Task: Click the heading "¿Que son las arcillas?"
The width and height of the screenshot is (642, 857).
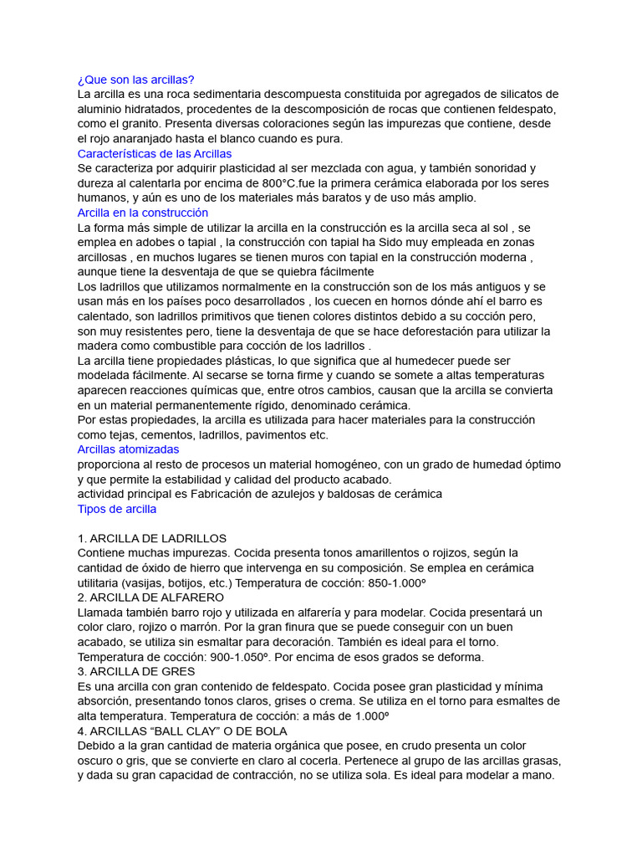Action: coord(135,80)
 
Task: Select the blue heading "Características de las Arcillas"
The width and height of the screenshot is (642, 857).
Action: coord(155,154)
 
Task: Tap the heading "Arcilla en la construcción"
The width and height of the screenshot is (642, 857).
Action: coord(143,213)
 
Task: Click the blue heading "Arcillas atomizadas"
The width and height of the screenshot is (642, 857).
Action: coord(128,449)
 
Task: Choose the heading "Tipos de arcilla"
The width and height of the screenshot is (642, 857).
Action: coord(116,509)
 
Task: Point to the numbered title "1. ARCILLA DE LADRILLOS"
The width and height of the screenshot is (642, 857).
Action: coord(151,538)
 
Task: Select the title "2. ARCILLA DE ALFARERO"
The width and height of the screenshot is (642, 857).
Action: coord(150,598)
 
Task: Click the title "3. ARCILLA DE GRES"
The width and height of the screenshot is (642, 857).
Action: coord(135,671)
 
